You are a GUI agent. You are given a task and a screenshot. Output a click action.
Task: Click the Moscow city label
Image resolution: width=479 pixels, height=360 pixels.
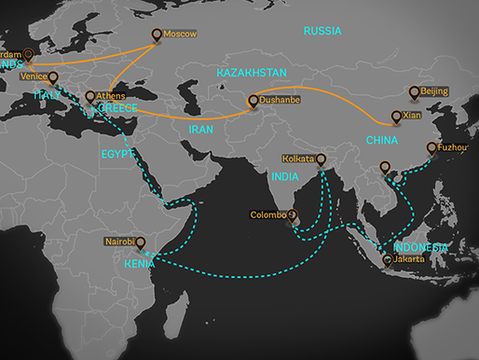(x=180, y=35)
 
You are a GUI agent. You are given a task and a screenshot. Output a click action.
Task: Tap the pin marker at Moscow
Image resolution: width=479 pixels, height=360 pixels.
(x=157, y=35)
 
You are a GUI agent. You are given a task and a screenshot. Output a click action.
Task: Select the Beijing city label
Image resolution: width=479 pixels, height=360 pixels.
(x=434, y=91)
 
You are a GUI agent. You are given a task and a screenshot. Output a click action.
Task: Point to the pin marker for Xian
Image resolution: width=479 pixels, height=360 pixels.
(x=396, y=117)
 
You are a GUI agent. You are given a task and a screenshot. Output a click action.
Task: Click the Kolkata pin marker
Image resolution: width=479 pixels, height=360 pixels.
(x=322, y=160)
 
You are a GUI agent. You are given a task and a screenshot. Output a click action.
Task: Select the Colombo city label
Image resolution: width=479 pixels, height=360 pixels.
(x=268, y=215)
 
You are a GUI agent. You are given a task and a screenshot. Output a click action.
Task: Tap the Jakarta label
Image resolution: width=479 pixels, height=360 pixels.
(x=408, y=259)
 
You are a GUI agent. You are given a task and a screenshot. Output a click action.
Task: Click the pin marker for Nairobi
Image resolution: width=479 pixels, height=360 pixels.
(x=140, y=243)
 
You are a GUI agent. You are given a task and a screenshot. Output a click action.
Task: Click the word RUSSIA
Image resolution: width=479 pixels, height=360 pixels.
(x=322, y=31)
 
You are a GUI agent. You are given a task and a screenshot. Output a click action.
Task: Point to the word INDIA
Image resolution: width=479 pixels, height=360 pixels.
(x=284, y=176)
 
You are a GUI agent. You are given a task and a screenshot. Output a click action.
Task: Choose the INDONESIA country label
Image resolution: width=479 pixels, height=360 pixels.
(x=420, y=247)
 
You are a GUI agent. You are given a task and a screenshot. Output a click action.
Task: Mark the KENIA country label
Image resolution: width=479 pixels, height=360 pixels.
(x=139, y=262)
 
